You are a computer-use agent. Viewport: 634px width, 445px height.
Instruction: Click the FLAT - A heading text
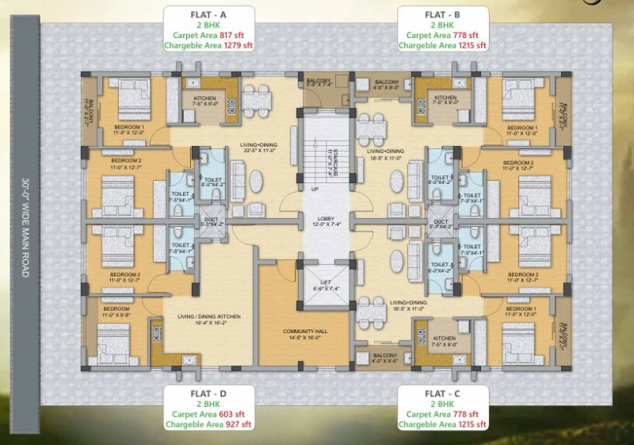(x=208, y=13)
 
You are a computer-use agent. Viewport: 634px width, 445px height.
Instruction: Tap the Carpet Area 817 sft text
(x=208, y=35)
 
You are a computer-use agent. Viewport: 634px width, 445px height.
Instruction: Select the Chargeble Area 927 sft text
(x=208, y=425)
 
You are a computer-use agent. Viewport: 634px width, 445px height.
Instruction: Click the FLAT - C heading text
(x=444, y=393)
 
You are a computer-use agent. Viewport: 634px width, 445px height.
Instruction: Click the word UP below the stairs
(x=315, y=190)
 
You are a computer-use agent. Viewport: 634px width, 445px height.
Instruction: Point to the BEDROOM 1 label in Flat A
(x=129, y=128)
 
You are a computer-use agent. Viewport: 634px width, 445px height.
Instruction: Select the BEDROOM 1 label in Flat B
(x=521, y=128)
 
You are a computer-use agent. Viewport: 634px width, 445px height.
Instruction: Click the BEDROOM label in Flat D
(x=116, y=308)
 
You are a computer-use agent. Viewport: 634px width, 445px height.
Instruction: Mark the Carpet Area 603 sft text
(x=208, y=414)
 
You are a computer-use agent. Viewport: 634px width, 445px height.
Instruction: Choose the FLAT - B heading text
(x=444, y=13)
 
